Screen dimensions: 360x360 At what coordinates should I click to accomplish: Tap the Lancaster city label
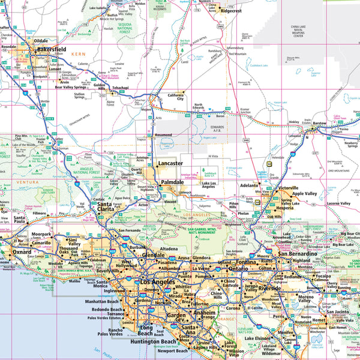[170, 163]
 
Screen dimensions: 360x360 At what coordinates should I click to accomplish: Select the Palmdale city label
[172, 182]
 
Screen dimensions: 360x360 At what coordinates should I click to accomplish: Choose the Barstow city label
[319, 123]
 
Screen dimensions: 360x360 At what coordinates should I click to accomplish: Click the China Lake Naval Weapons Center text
[304, 31]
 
